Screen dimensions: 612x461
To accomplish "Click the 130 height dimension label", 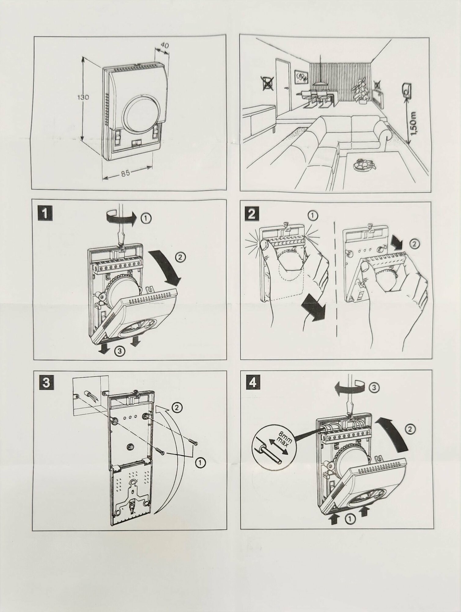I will click(83, 97).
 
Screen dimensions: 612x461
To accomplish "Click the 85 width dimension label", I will click(125, 173).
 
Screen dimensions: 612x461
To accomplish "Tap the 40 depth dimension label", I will click(165, 45).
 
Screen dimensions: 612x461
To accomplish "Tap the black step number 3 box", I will click(46, 383).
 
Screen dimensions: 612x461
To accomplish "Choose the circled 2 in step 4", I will click(411, 429).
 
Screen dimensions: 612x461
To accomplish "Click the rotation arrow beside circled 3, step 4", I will click(350, 388).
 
